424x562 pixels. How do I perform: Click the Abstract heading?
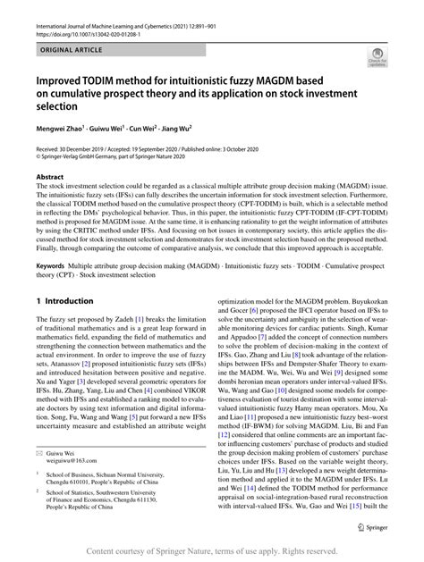click(x=50, y=178)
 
